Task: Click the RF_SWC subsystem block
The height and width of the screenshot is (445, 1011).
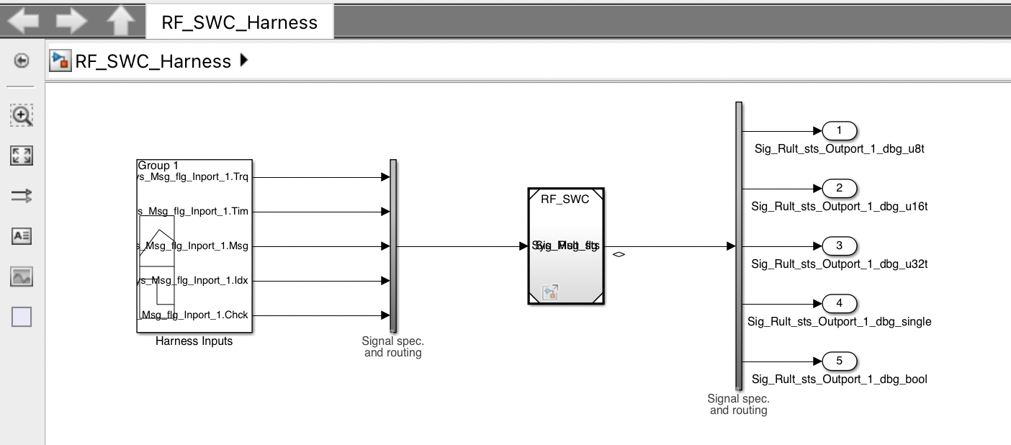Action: tap(566, 216)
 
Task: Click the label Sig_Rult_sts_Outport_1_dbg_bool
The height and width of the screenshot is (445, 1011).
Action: tap(840, 379)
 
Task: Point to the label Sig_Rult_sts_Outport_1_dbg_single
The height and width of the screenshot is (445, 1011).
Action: tap(840, 322)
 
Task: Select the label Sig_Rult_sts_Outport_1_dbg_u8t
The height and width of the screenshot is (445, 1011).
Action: tap(840, 150)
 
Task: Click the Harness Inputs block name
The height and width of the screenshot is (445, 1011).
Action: tap(194, 341)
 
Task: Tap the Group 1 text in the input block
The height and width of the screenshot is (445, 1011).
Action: tap(158, 166)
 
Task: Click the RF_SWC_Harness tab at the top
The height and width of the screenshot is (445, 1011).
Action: tap(239, 22)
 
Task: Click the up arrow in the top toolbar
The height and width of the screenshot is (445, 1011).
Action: tap(120, 22)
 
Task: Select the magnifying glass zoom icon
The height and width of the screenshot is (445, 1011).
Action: tap(22, 115)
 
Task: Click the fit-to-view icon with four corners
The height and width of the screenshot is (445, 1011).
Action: tap(22, 156)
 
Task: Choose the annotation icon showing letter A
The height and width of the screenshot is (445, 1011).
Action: tap(22, 236)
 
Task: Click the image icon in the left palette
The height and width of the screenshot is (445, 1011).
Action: tap(22, 277)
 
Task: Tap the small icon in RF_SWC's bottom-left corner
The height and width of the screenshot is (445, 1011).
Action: tap(550, 292)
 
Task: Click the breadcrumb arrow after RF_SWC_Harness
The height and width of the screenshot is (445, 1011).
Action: tap(243, 61)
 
